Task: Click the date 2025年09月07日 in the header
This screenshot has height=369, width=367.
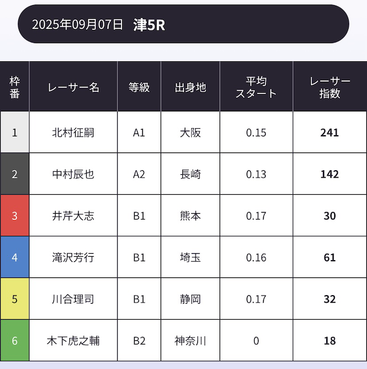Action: (77, 25)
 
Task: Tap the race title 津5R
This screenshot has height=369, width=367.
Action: (149, 25)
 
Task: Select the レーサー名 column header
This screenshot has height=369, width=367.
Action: (73, 87)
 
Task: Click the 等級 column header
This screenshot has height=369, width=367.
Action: (139, 87)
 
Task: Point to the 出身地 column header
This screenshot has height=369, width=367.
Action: (190, 87)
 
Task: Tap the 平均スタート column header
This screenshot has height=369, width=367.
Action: (256, 87)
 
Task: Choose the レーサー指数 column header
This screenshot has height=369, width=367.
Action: (330, 87)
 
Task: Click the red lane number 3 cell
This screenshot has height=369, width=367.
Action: (15, 216)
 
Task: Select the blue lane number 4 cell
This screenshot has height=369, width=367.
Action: (15, 257)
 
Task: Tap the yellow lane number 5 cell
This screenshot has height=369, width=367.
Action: (15, 299)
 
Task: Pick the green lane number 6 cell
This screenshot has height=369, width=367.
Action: (15, 340)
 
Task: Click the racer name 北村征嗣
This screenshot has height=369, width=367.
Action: (73, 133)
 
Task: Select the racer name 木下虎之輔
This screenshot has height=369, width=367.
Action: (73, 340)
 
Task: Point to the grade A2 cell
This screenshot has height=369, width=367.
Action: (139, 174)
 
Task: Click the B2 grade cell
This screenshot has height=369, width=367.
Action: (139, 340)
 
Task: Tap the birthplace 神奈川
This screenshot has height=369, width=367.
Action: (190, 340)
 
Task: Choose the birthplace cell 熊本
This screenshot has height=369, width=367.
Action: (190, 216)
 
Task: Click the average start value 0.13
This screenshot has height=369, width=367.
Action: (256, 174)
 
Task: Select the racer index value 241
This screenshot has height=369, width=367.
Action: (330, 133)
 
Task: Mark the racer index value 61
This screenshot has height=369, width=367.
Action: (330, 257)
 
